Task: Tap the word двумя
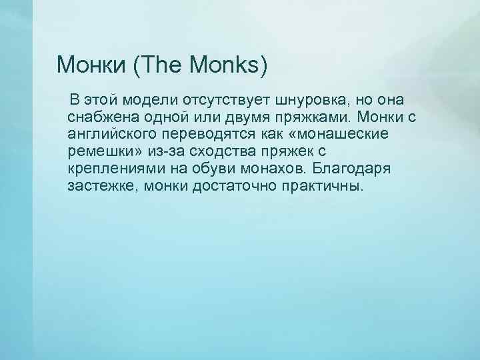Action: pyautogui.click(x=258, y=118)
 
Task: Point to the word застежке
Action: pyautogui.click(x=99, y=185)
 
